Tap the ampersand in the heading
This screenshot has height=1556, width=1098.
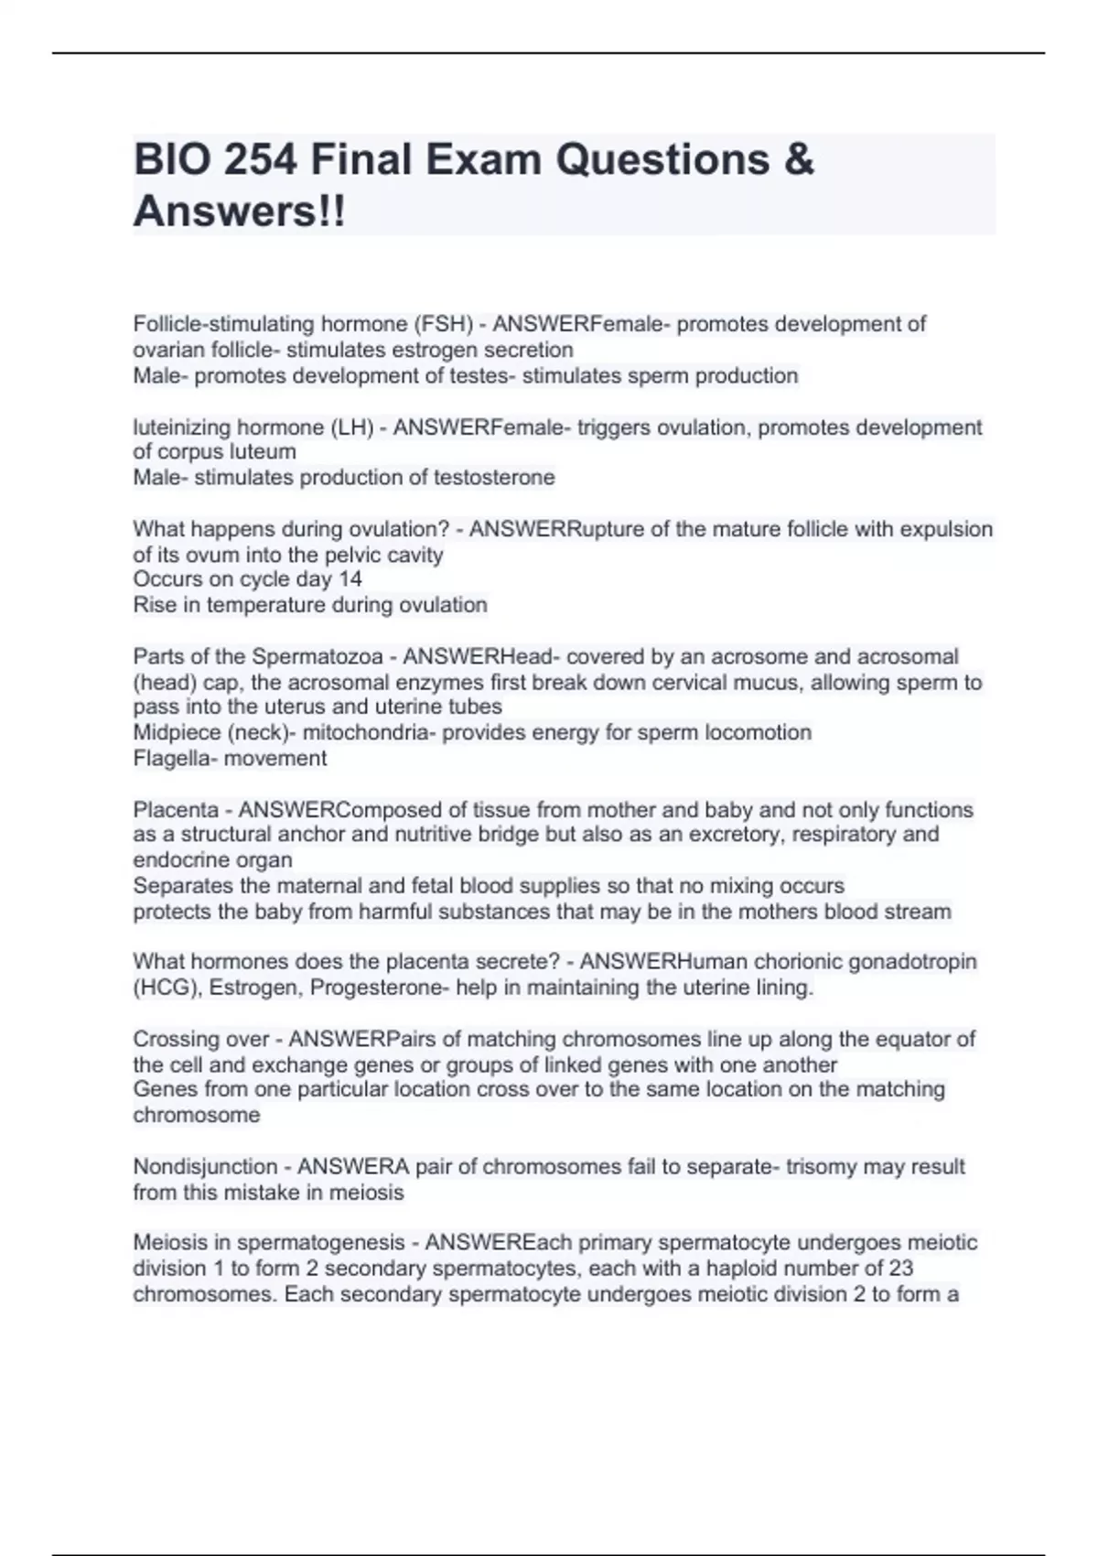coord(799,159)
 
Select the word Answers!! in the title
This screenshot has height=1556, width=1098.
coord(240,211)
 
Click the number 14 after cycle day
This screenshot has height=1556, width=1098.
coord(350,579)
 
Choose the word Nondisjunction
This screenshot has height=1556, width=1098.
coord(205,1167)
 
